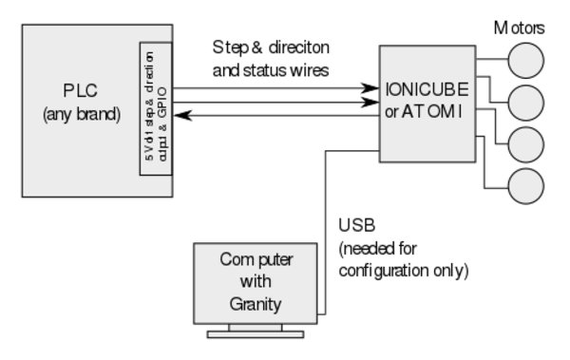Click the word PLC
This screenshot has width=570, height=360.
(82, 92)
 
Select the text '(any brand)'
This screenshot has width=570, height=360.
(82, 115)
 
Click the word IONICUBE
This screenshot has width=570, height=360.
(427, 90)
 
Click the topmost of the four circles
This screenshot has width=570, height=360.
(525, 61)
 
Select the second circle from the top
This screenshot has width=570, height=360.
(525, 103)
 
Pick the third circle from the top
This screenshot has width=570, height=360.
(525, 144)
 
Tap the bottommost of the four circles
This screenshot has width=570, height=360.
(525, 186)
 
